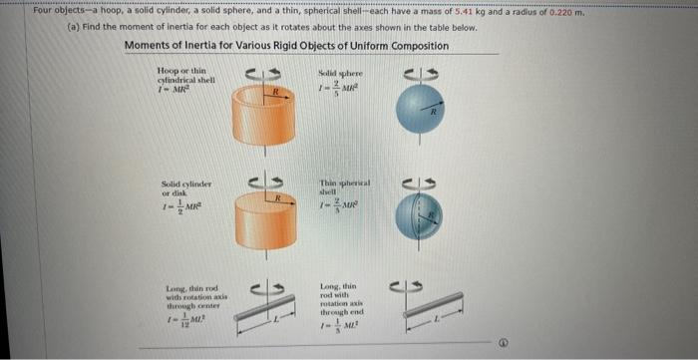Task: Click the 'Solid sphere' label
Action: point(341,75)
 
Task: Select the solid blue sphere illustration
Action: point(418,109)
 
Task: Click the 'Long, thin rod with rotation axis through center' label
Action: point(185,300)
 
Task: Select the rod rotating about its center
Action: point(262,309)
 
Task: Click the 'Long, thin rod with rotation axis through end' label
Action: point(341,300)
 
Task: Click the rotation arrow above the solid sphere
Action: point(418,73)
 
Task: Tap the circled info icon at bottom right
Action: point(674,340)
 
